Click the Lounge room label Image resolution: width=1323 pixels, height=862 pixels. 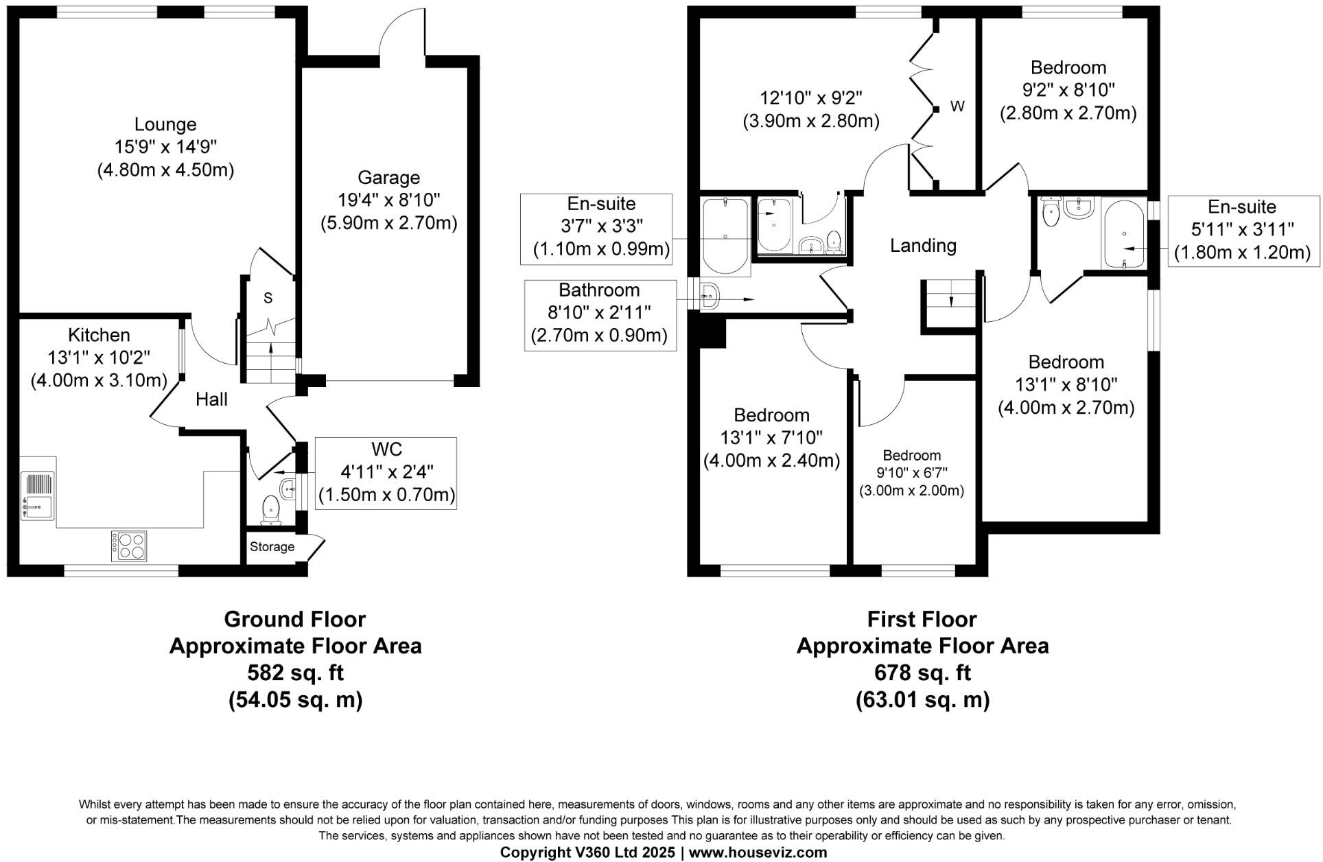(x=165, y=125)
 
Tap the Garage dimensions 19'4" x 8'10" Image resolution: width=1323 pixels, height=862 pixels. (x=388, y=200)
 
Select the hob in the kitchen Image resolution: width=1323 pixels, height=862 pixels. (x=129, y=546)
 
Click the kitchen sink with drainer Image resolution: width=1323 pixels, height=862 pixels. (x=34, y=495)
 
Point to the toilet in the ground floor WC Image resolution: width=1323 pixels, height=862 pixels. (x=271, y=511)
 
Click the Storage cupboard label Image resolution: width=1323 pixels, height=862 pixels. (x=272, y=547)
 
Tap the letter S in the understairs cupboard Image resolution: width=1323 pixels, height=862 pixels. (x=268, y=298)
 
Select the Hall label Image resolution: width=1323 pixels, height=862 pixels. (x=211, y=399)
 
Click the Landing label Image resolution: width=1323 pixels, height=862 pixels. (x=923, y=246)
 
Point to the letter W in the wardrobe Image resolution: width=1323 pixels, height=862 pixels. (x=957, y=106)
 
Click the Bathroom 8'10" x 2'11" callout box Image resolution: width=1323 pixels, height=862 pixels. (x=599, y=313)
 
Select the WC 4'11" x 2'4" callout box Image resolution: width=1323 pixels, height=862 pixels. (x=386, y=472)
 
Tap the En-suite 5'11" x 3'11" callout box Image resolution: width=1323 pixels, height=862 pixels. (x=1242, y=231)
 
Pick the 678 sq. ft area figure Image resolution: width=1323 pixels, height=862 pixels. (x=922, y=673)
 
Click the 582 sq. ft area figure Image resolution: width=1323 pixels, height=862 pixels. (x=295, y=673)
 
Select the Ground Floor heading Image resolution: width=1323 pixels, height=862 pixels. (x=295, y=619)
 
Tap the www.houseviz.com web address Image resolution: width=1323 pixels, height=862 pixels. (x=758, y=852)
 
